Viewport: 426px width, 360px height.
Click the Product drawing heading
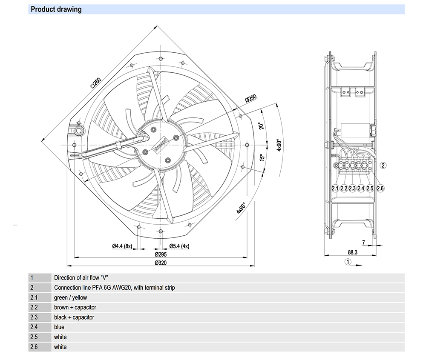click(56, 9)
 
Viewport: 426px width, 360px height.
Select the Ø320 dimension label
click(160, 263)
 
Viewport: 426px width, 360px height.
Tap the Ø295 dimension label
click(160, 254)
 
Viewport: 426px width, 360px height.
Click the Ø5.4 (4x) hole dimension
click(179, 246)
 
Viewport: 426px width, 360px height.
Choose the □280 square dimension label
click(95, 82)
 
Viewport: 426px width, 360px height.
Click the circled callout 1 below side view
click(348, 262)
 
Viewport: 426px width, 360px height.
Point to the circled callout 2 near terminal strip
click(383, 166)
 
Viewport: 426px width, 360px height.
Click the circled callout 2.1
click(335, 188)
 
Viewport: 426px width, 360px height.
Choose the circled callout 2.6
click(380, 188)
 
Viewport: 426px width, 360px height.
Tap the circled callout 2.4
click(361, 188)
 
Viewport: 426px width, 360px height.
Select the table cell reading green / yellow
click(70, 297)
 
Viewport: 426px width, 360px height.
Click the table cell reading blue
click(59, 327)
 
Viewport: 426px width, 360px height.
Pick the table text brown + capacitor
click(75, 307)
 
